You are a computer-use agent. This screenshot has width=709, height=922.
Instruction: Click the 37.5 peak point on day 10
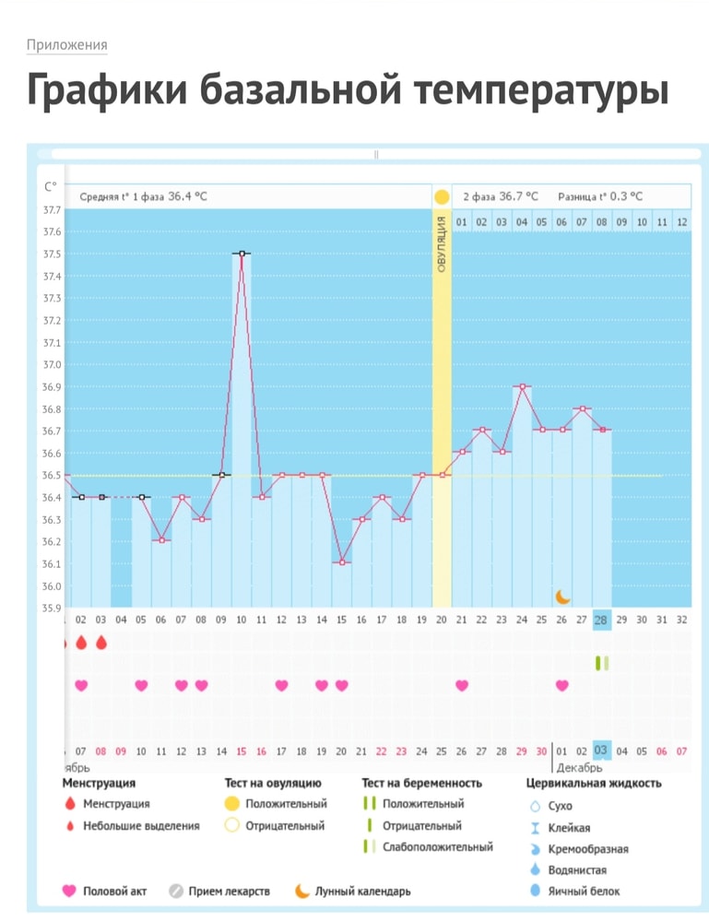(x=242, y=254)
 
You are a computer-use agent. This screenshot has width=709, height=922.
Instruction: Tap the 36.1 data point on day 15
(x=342, y=562)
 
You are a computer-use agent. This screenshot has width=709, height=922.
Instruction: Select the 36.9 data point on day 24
(x=522, y=386)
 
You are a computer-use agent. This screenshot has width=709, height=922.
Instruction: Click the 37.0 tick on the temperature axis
(x=53, y=343)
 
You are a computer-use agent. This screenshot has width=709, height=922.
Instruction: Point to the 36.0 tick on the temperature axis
(x=53, y=586)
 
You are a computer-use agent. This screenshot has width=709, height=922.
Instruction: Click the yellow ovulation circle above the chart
(x=442, y=196)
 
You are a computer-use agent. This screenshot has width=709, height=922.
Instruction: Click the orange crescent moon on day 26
(x=562, y=597)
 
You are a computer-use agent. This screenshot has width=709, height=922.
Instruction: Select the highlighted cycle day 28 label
(x=601, y=621)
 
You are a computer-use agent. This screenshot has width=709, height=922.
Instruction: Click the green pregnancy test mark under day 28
(x=601, y=662)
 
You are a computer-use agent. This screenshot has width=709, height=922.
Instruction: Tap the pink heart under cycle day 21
(x=462, y=685)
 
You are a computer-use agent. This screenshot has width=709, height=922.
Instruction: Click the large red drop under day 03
(x=101, y=643)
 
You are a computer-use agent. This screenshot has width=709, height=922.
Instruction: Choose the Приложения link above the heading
(x=66, y=45)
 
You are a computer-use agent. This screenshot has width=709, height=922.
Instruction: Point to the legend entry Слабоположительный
(x=437, y=846)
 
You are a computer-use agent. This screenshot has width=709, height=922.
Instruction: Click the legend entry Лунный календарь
(x=361, y=892)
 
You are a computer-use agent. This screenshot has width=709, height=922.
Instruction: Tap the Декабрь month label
(x=579, y=767)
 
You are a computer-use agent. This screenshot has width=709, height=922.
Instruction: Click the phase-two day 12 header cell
(x=681, y=221)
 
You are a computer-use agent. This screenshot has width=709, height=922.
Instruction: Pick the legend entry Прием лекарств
(x=229, y=892)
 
